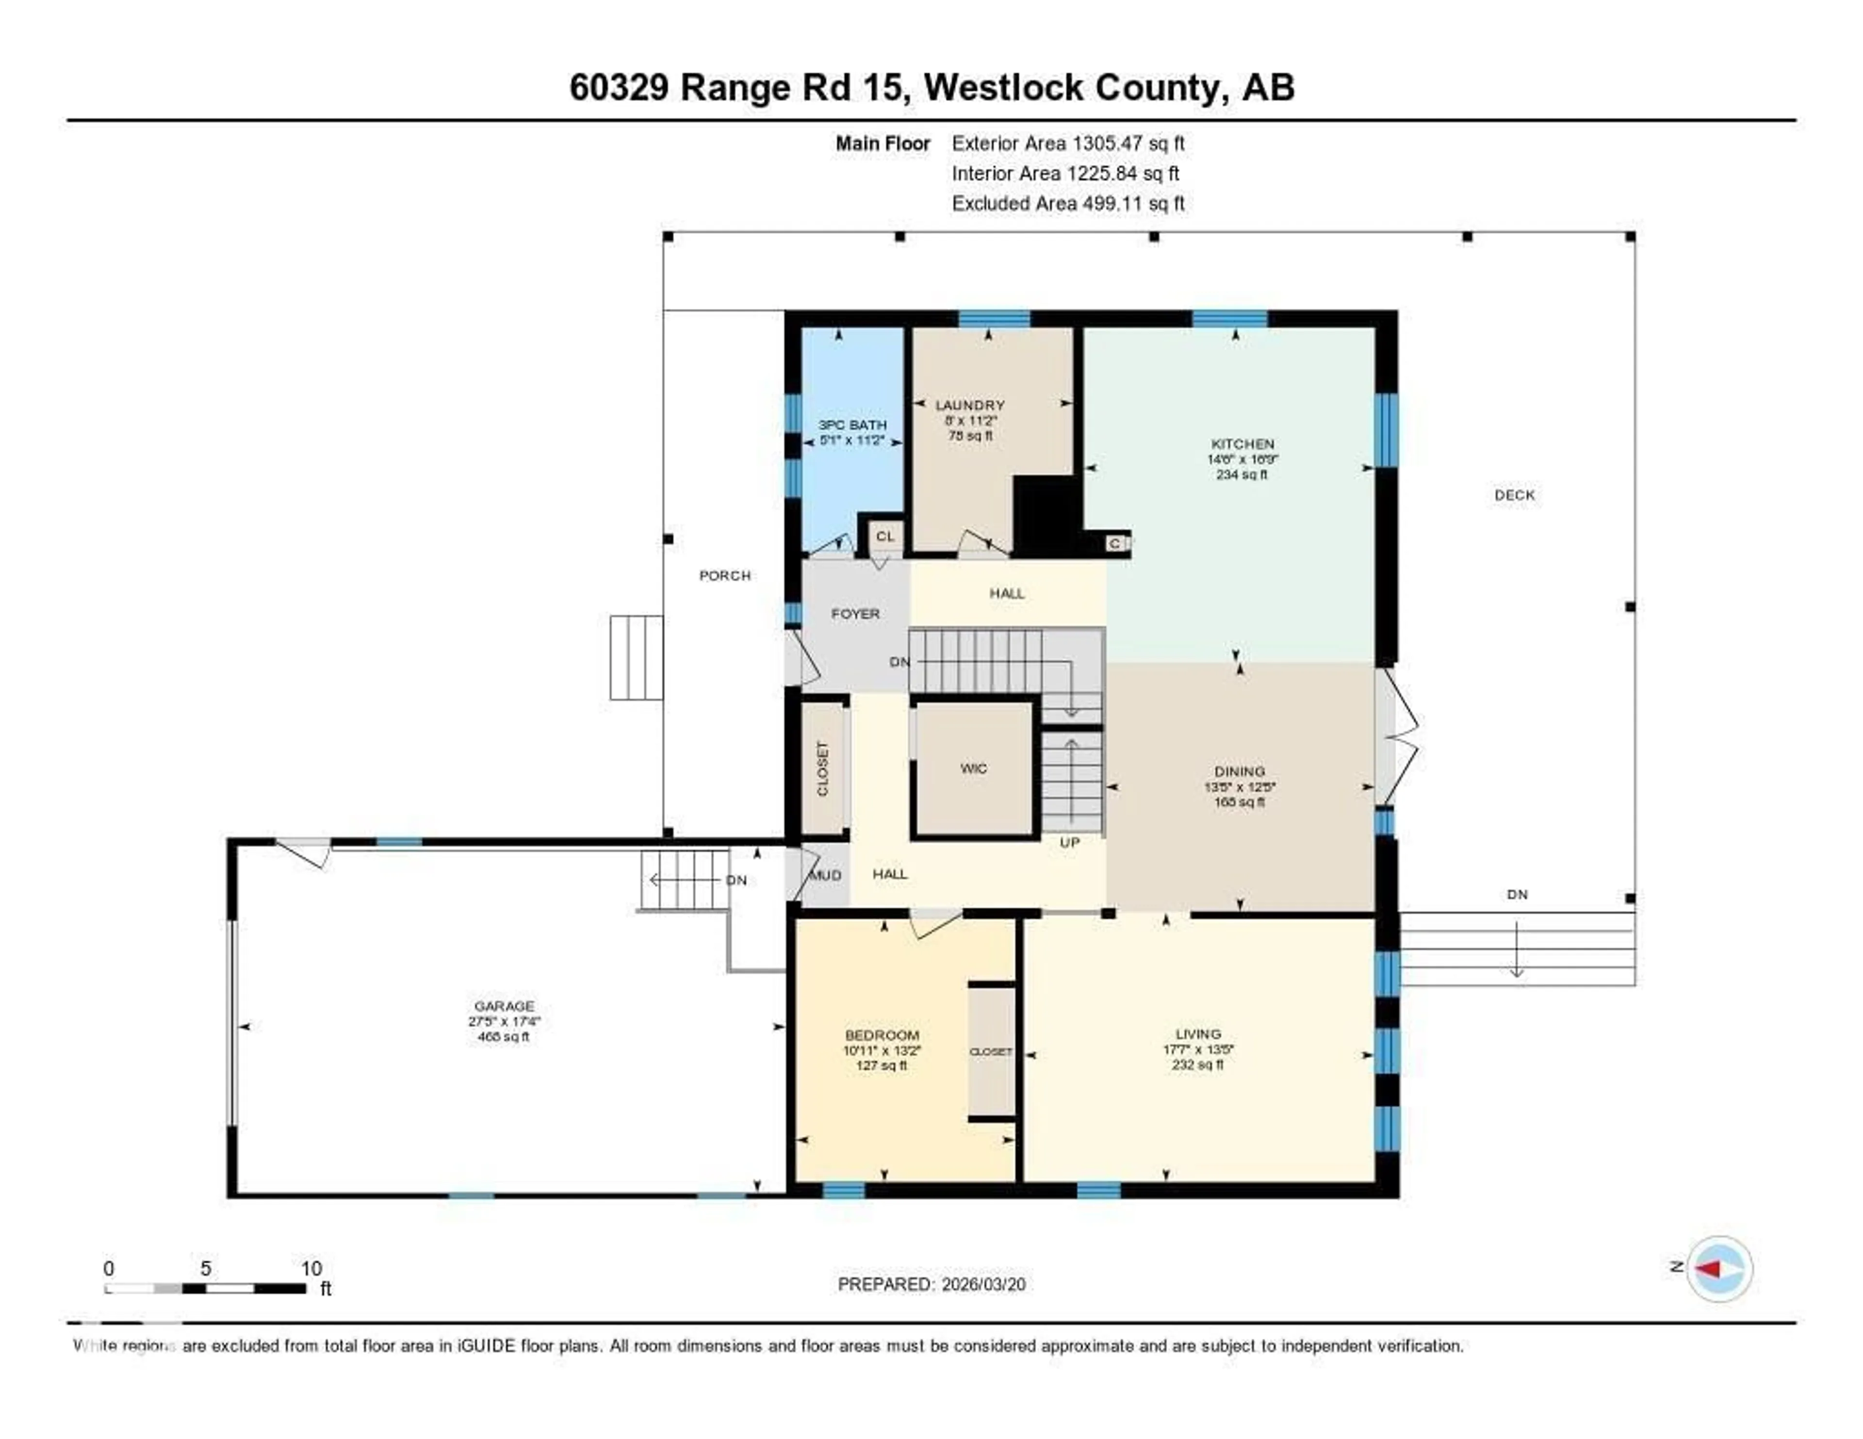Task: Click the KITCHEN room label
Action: (x=1242, y=443)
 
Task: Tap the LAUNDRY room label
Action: (x=970, y=405)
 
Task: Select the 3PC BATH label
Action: (x=852, y=425)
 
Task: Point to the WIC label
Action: (x=973, y=769)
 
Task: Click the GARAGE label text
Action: (x=504, y=1006)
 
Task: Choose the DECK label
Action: (x=1514, y=495)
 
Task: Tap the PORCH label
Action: (x=725, y=576)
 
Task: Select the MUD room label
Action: (x=825, y=875)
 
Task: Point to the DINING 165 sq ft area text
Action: (x=1240, y=802)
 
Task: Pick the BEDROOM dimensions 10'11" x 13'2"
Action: (x=882, y=1051)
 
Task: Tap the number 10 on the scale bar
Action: (x=311, y=1268)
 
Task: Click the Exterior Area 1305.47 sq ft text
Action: (x=1068, y=143)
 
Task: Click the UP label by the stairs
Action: (x=1070, y=843)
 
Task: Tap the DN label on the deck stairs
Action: (x=1517, y=895)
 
